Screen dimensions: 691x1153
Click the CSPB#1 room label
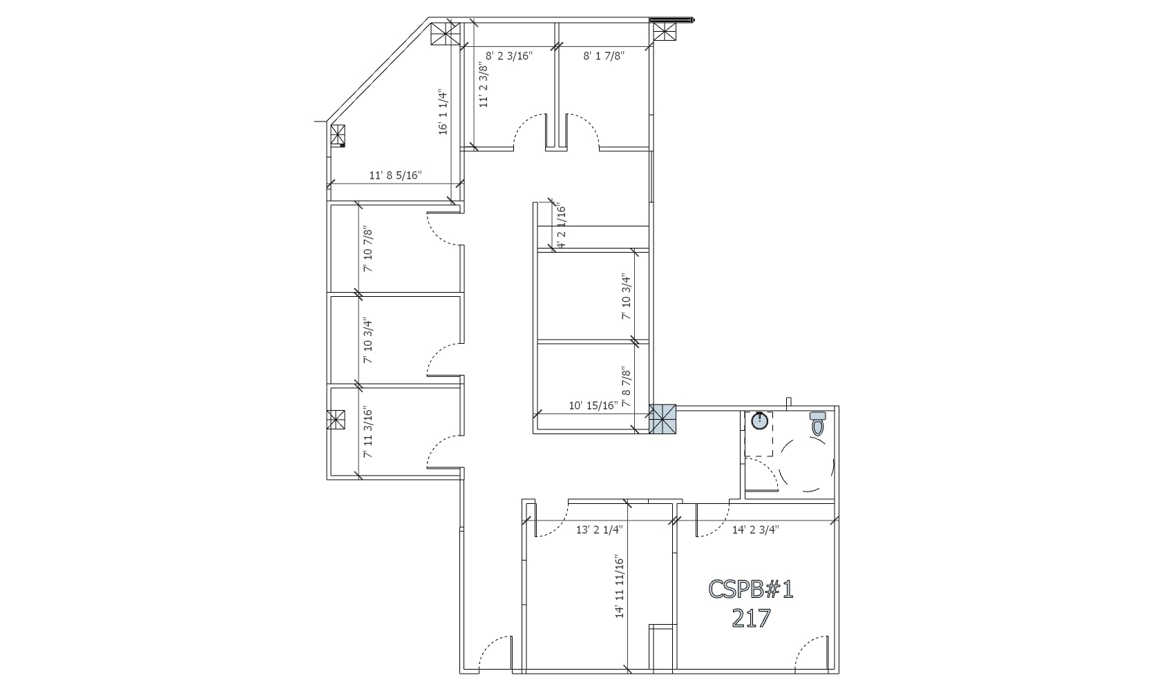coord(751,589)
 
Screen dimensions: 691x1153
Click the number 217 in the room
coord(751,618)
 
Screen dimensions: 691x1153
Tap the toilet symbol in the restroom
coord(818,423)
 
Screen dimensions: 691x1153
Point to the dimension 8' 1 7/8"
coord(604,56)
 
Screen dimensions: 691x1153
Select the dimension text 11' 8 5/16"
coord(395,175)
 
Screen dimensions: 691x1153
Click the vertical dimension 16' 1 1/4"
coord(444,113)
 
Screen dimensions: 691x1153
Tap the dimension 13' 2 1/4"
coord(600,529)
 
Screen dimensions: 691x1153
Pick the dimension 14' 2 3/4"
coord(756,529)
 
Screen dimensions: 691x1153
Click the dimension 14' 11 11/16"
coord(620,587)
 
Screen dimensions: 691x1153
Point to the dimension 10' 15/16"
coord(593,405)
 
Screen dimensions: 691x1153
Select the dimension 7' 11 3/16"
coord(368,434)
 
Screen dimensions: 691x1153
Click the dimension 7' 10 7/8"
coord(368,249)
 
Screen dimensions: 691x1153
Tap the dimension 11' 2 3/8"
coord(484,85)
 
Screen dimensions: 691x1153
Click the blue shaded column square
coord(664,419)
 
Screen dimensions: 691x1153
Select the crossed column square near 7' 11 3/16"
coord(336,420)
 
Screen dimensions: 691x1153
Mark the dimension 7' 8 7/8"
coord(626,387)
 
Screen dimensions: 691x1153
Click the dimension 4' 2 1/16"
coord(561,226)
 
